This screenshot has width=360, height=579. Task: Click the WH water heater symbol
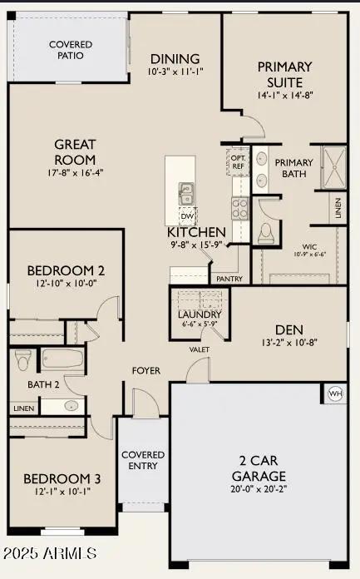click(335, 393)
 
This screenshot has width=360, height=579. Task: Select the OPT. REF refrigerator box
click(238, 161)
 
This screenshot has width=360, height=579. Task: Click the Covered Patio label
click(71, 49)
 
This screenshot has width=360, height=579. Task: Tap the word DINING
click(175, 59)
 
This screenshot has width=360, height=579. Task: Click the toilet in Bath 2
click(22, 359)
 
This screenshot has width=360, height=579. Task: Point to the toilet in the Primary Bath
click(267, 231)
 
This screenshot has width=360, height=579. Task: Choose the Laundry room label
click(200, 314)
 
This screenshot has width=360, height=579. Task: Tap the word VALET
click(200, 349)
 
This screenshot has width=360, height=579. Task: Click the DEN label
click(288, 327)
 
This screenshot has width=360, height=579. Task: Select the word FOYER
click(146, 370)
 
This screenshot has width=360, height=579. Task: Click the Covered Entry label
click(143, 460)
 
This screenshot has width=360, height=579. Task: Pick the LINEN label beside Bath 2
click(22, 408)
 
